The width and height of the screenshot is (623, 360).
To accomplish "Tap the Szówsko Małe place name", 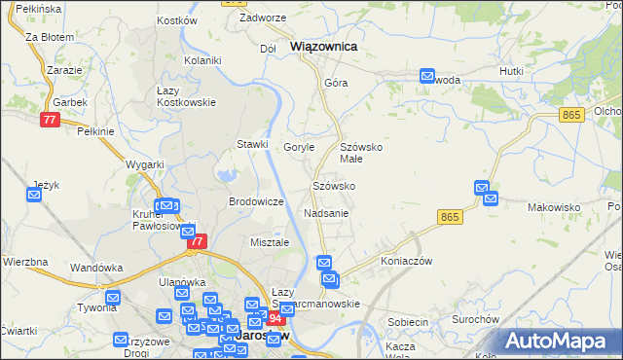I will click(364, 152).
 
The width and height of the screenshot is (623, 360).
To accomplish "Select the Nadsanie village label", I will click(326, 212).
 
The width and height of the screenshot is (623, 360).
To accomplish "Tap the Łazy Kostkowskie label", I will click(186, 96).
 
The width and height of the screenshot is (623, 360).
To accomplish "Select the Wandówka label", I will click(95, 267).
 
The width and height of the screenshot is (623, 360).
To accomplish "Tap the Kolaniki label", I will click(203, 60).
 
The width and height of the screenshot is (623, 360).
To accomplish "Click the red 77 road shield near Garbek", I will click(51, 120).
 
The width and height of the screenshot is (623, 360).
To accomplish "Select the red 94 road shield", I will click(276, 318).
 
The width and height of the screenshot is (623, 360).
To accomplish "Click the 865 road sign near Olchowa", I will click(571, 115).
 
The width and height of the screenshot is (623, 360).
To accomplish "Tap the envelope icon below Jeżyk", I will click(34, 196).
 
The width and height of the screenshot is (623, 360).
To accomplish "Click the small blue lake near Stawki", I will click(227, 175).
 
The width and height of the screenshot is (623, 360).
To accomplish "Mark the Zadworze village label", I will click(262, 18).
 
